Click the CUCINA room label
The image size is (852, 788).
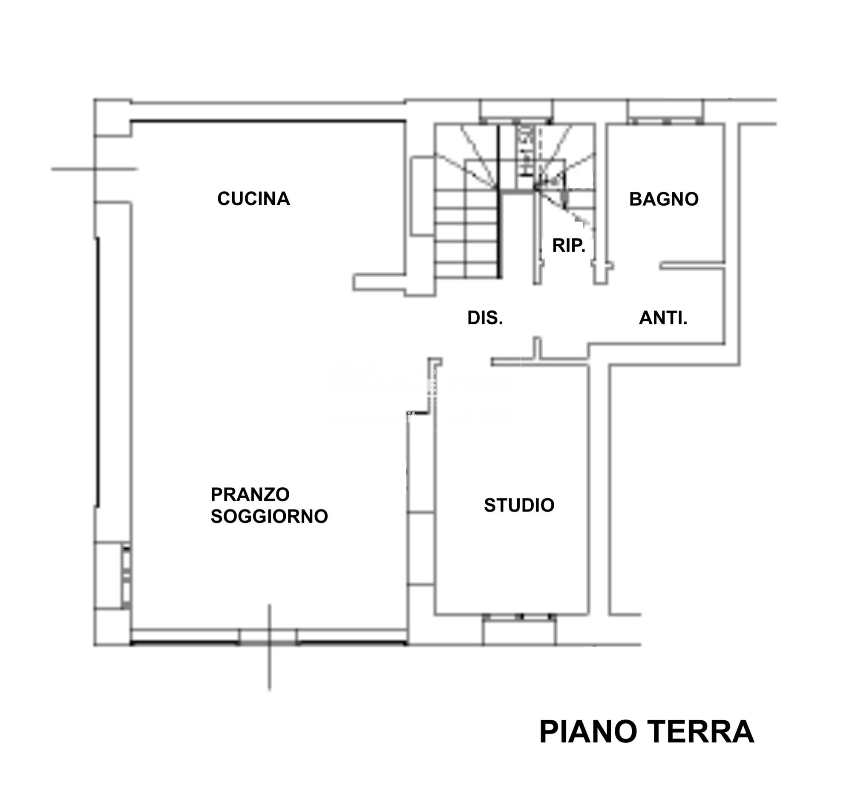pos(253,199)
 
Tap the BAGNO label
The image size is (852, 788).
pos(664,199)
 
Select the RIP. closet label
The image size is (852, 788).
pos(568,245)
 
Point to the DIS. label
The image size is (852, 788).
pos(485,318)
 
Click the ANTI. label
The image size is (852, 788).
pos(663,318)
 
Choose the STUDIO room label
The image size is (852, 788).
pos(519,505)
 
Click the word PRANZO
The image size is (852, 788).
pos(250,494)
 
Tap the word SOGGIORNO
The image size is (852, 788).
pos(269,516)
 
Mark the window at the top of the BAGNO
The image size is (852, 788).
pos(665,121)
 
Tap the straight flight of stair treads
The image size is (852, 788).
pos(466,235)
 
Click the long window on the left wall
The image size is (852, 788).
pos(98,371)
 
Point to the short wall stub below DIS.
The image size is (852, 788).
pos(537,347)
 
